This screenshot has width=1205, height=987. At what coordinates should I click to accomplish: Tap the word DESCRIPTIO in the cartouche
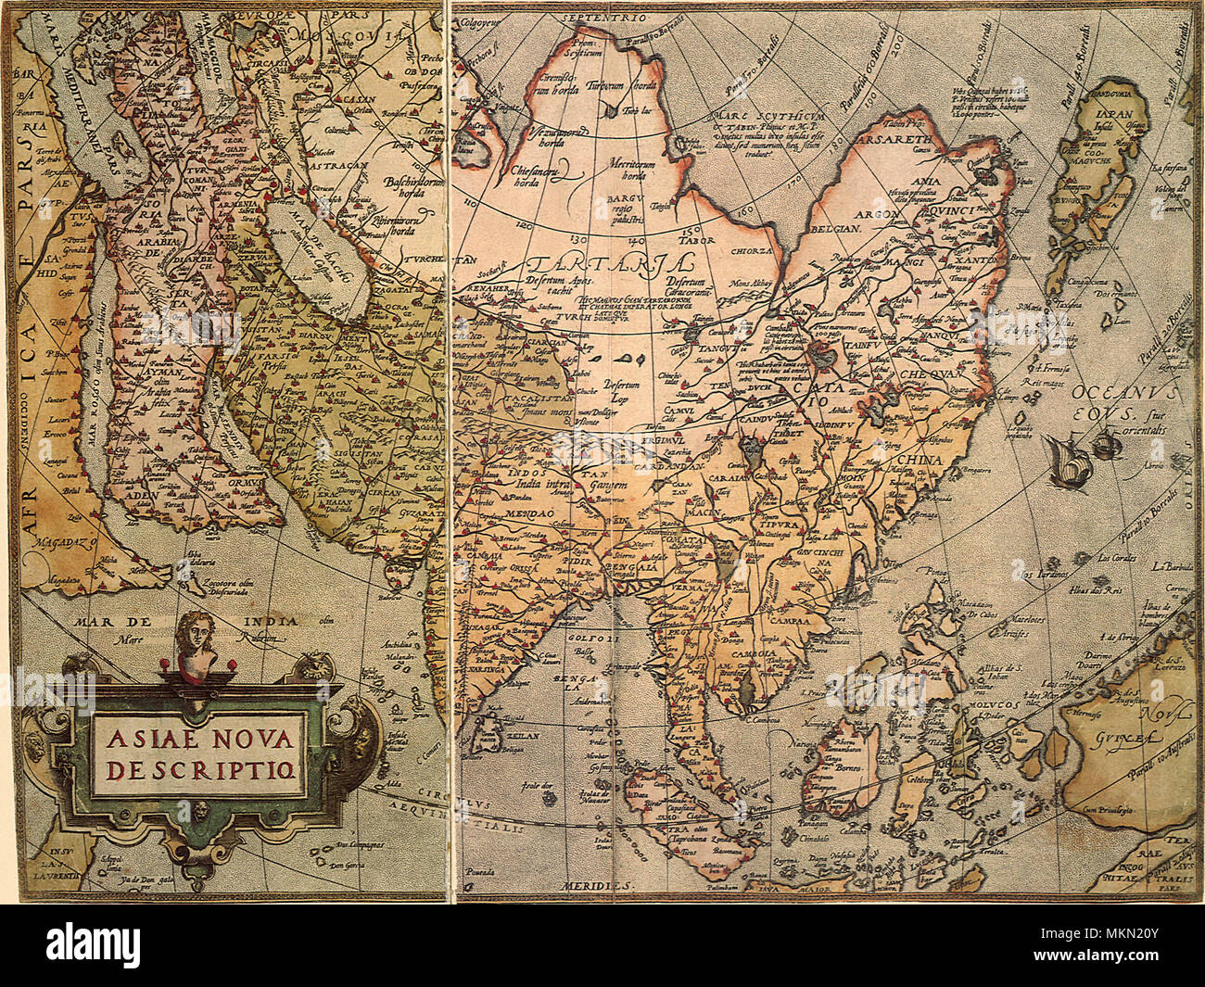199,770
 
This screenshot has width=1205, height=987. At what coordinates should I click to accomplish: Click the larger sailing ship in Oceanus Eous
1069,461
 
